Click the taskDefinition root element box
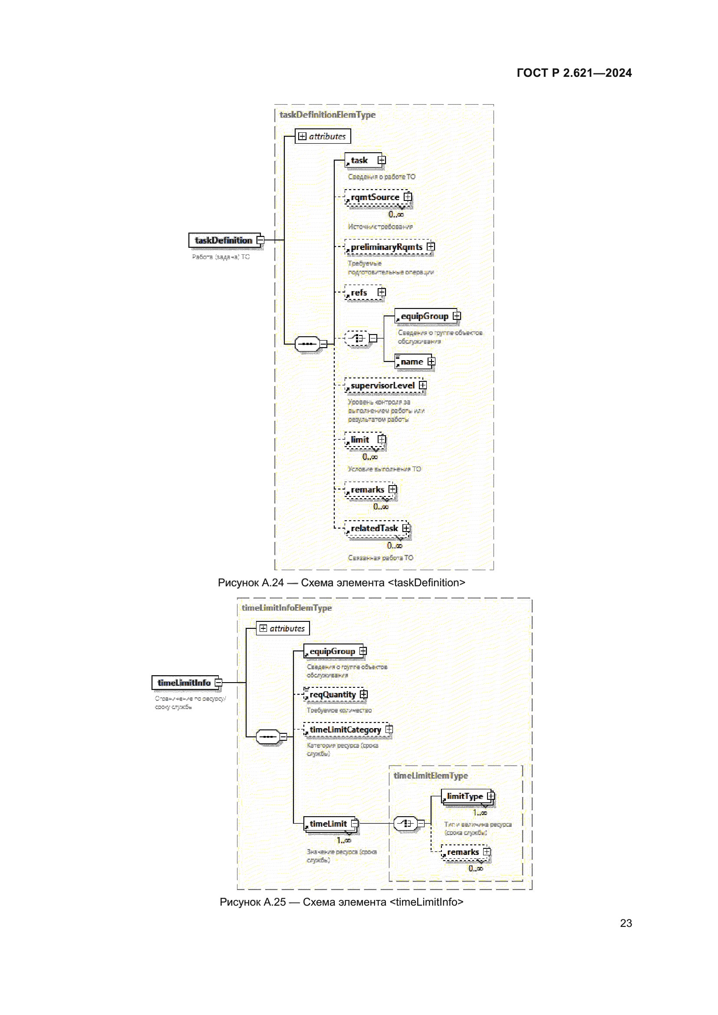pos(224,240)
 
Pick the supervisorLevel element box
pos(382,385)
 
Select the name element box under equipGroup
pos(412,361)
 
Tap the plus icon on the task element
pos(382,160)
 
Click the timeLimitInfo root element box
pos(184,683)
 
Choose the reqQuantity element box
pos(333,695)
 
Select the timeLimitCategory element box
pos(345,730)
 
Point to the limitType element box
pos(464,796)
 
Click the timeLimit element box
pos(328,824)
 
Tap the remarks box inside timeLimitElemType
pos(463,852)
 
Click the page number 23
pos(626,923)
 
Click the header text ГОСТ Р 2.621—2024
pos(574,73)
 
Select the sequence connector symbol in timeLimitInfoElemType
pos(268,736)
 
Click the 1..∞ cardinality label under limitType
pos(480,813)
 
